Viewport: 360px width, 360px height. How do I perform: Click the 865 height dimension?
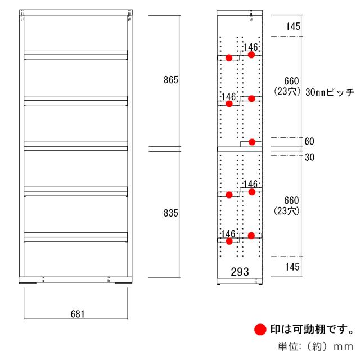click(170, 80)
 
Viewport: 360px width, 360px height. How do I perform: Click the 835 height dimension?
click(170, 213)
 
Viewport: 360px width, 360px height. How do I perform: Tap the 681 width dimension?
click(78, 314)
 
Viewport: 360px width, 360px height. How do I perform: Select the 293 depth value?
click(240, 272)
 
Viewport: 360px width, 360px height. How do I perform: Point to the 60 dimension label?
click(309, 141)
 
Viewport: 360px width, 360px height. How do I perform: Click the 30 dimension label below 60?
click(309, 157)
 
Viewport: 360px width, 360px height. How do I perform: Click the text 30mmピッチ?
click(330, 92)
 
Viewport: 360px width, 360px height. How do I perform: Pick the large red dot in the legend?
click(260, 330)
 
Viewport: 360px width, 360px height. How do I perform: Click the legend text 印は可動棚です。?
click(312, 329)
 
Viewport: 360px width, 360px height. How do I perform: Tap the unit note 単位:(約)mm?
click(316, 346)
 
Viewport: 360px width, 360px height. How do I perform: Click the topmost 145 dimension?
click(293, 26)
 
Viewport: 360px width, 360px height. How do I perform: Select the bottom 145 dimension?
click(292, 267)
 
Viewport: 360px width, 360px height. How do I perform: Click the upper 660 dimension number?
click(291, 81)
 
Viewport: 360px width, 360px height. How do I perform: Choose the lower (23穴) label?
click(287, 211)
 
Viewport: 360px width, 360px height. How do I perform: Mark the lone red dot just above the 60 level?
click(252, 142)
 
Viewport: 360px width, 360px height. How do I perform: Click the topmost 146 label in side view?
click(250, 47)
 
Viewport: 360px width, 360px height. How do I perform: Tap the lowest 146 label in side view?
click(228, 234)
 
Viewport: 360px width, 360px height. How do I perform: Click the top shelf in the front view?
click(75, 55)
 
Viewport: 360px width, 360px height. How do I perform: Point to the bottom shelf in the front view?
click(75, 237)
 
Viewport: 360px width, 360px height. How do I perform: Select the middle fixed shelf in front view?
click(75, 146)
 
